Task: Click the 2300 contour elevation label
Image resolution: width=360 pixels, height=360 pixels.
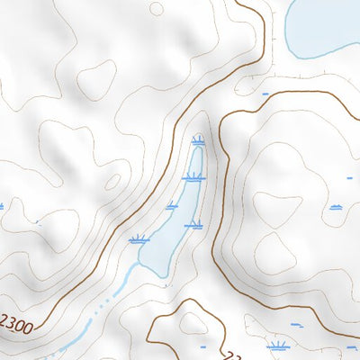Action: click(x=17, y=321)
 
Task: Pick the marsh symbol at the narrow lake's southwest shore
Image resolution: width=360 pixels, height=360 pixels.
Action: click(x=138, y=239)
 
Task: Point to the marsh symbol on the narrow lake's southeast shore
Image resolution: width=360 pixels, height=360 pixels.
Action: click(x=193, y=223)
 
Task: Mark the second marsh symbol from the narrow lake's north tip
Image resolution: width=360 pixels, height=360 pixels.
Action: click(x=192, y=177)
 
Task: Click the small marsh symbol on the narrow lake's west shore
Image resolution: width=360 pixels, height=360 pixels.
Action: click(x=172, y=206)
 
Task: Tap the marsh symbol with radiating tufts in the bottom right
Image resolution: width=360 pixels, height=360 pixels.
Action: click(x=279, y=345)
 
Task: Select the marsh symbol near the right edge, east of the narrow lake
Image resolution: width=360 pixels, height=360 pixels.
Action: click(x=336, y=207)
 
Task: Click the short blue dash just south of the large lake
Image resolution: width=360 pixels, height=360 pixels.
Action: click(x=265, y=93)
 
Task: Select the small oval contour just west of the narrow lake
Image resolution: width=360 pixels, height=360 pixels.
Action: click(x=112, y=182)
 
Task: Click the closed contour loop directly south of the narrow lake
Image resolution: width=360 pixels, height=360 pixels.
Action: click(x=193, y=324)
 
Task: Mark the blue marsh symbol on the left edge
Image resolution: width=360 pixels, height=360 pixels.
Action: click(x=2, y=206)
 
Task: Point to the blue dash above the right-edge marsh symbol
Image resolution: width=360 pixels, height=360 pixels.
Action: click(x=349, y=178)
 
